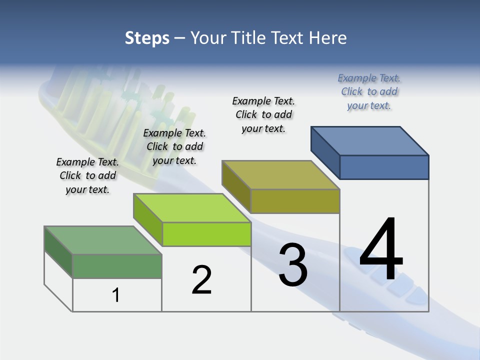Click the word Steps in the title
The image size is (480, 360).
[x=147, y=38]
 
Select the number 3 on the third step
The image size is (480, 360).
[x=293, y=265]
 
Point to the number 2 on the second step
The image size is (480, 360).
[x=202, y=280]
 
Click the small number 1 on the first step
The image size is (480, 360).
[x=116, y=295]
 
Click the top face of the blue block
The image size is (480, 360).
[x=369, y=140]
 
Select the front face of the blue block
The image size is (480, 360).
[x=384, y=167]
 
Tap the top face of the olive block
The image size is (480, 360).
[x=280, y=175]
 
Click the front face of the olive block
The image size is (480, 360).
[x=295, y=201]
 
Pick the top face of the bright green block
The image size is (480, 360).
[x=191, y=207]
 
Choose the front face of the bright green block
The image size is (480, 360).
[x=206, y=234]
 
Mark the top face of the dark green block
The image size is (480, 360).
[x=102, y=240]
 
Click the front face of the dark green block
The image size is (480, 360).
[x=117, y=266]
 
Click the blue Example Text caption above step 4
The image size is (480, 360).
[x=369, y=91]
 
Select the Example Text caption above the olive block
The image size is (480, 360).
[x=263, y=114]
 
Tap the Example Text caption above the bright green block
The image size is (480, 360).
[x=174, y=146]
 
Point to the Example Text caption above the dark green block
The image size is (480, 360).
[x=87, y=175]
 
